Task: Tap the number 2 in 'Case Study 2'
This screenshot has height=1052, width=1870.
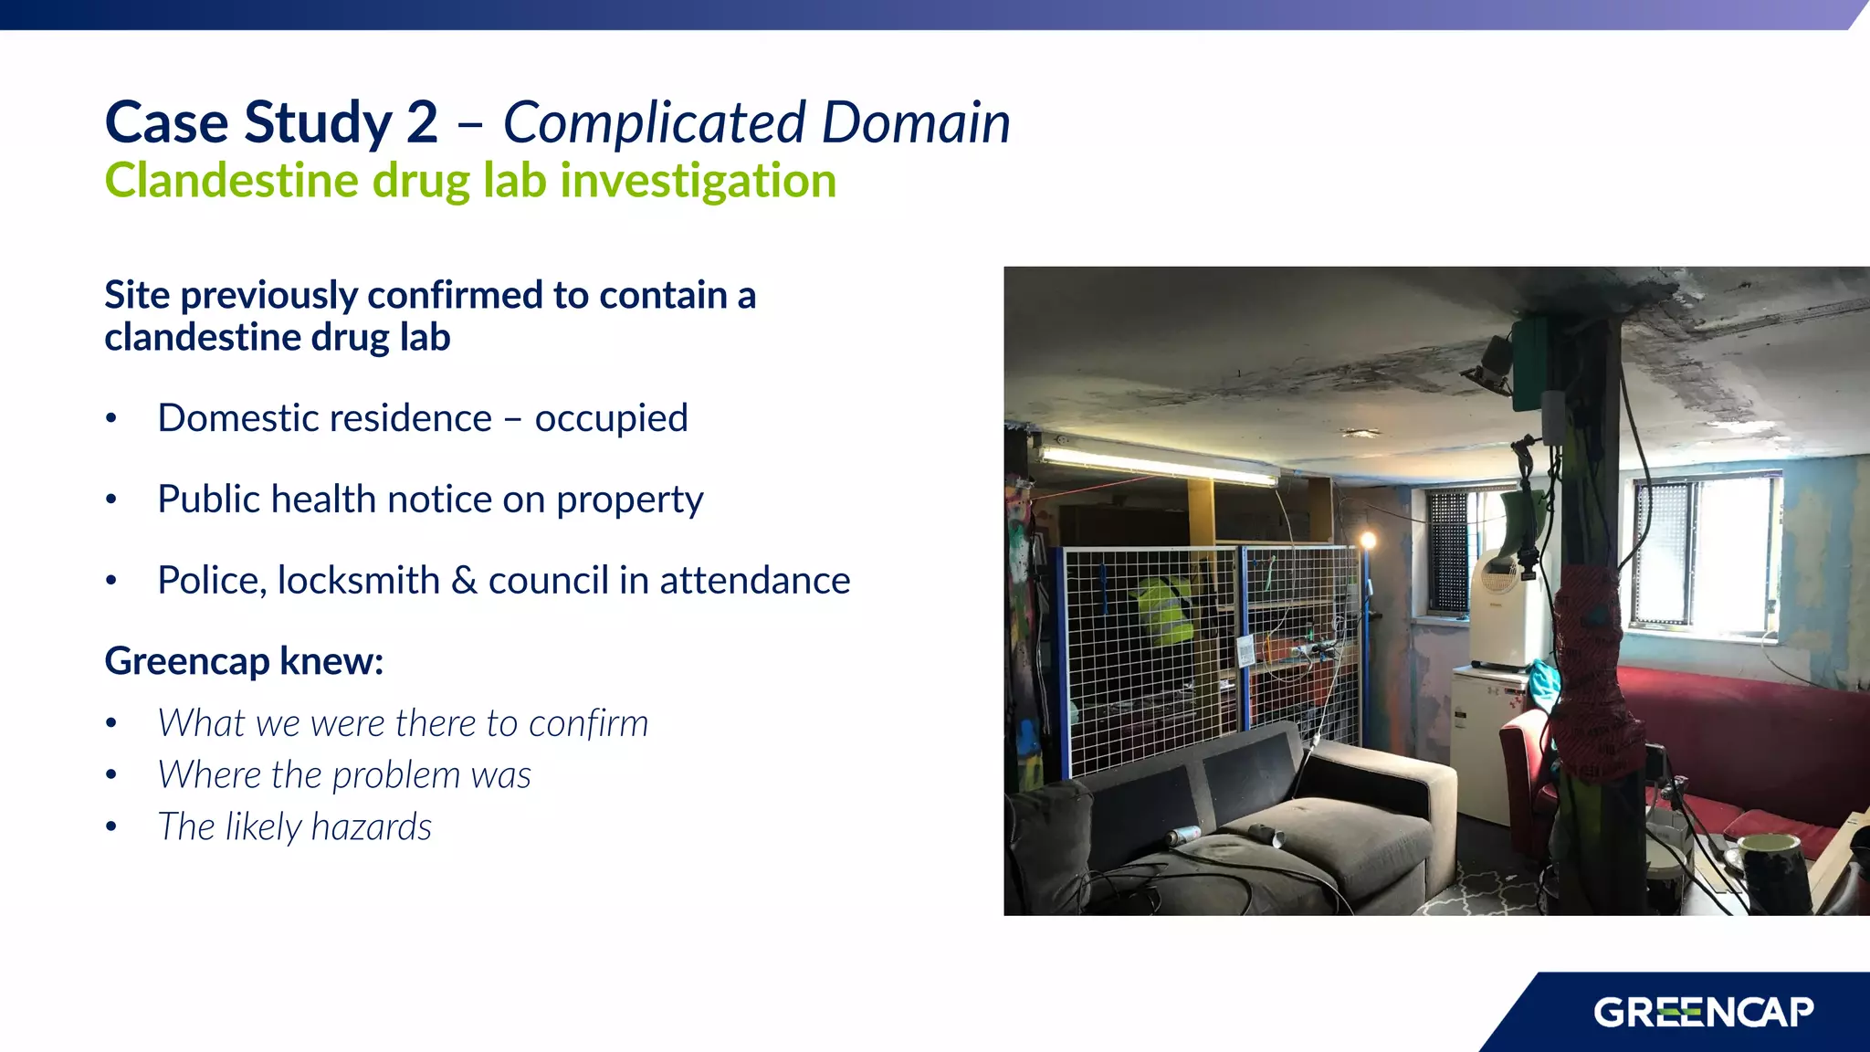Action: (421, 123)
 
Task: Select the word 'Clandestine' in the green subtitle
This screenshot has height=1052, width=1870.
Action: (231, 180)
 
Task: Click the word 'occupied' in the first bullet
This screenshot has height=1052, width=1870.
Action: (611, 418)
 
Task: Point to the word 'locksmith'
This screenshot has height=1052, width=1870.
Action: (359, 581)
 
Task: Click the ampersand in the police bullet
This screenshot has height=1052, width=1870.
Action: (464, 581)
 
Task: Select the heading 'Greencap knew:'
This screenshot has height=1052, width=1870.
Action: (244, 660)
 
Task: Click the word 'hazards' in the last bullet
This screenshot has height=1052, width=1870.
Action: (371, 826)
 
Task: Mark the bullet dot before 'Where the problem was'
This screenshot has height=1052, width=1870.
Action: (111, 775)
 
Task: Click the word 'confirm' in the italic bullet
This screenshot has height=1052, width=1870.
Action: (588, 723)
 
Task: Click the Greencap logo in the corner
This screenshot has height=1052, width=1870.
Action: (1703, 1012)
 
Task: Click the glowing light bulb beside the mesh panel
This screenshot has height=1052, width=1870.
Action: (1368, 541)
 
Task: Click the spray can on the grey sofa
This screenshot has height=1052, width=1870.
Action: (1183, 834)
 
